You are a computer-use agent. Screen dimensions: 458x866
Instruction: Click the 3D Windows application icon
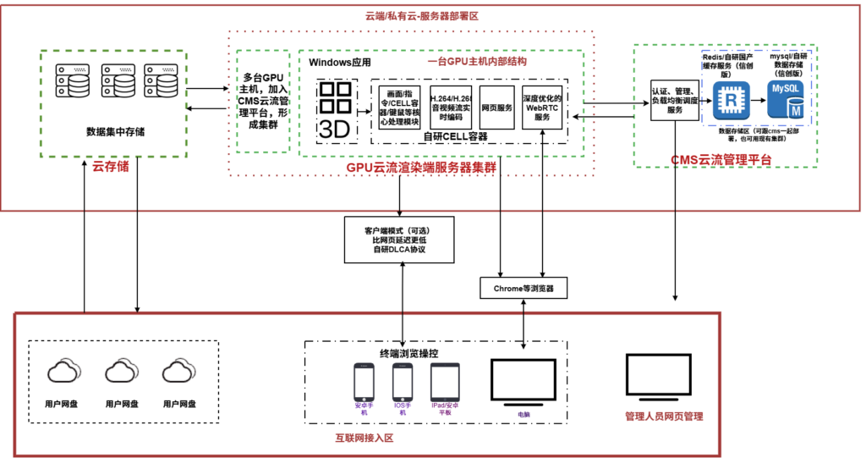point(337,111)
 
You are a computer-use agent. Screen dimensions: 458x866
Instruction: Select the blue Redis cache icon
point(728,99)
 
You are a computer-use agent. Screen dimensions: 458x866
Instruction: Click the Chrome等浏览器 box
point(523,288)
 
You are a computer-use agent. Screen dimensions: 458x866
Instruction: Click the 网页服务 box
point(496,108)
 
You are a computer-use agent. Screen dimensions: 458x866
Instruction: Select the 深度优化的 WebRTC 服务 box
point(542,108)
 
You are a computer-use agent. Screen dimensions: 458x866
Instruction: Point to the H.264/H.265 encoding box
point(451,108)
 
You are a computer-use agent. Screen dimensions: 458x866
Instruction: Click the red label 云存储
point(111,168)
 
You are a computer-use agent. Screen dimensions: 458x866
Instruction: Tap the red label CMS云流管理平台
point(721,159)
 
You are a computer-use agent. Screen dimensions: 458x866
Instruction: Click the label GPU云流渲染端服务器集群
point(421,167)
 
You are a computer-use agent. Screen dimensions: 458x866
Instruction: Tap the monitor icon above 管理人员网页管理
point(663,378)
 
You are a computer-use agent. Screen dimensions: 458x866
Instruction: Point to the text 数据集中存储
point(114,131)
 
